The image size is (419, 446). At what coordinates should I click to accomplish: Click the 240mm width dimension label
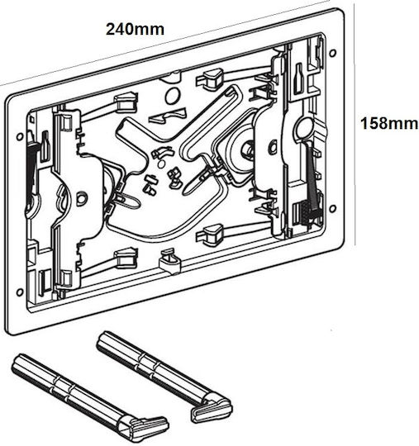click(x=135, y=29)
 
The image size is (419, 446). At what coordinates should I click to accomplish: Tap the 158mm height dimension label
click(x=389, y=124)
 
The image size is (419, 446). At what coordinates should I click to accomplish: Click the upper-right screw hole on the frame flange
click(x=332, y=53)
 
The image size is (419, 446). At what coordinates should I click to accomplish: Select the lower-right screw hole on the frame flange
click(x=332, y=209)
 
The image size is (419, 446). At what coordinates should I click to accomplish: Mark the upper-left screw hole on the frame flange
click(x=20, y=137)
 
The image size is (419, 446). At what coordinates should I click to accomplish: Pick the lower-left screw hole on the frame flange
click(x=20, y=292)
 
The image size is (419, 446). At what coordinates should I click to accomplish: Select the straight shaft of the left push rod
click(x=69, y=387)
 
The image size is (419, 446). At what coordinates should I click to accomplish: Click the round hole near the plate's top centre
click(x=173, y=96)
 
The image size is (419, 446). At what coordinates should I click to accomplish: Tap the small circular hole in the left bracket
click(x=82, y=198)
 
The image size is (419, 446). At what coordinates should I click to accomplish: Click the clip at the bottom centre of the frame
click(x=169, y=261)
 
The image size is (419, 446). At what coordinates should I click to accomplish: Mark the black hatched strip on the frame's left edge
click(x=31, y=168)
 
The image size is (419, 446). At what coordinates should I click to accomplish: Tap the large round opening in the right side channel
click(x=305, y=130)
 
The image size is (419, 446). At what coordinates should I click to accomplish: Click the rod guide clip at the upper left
click(x=126, y=102)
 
